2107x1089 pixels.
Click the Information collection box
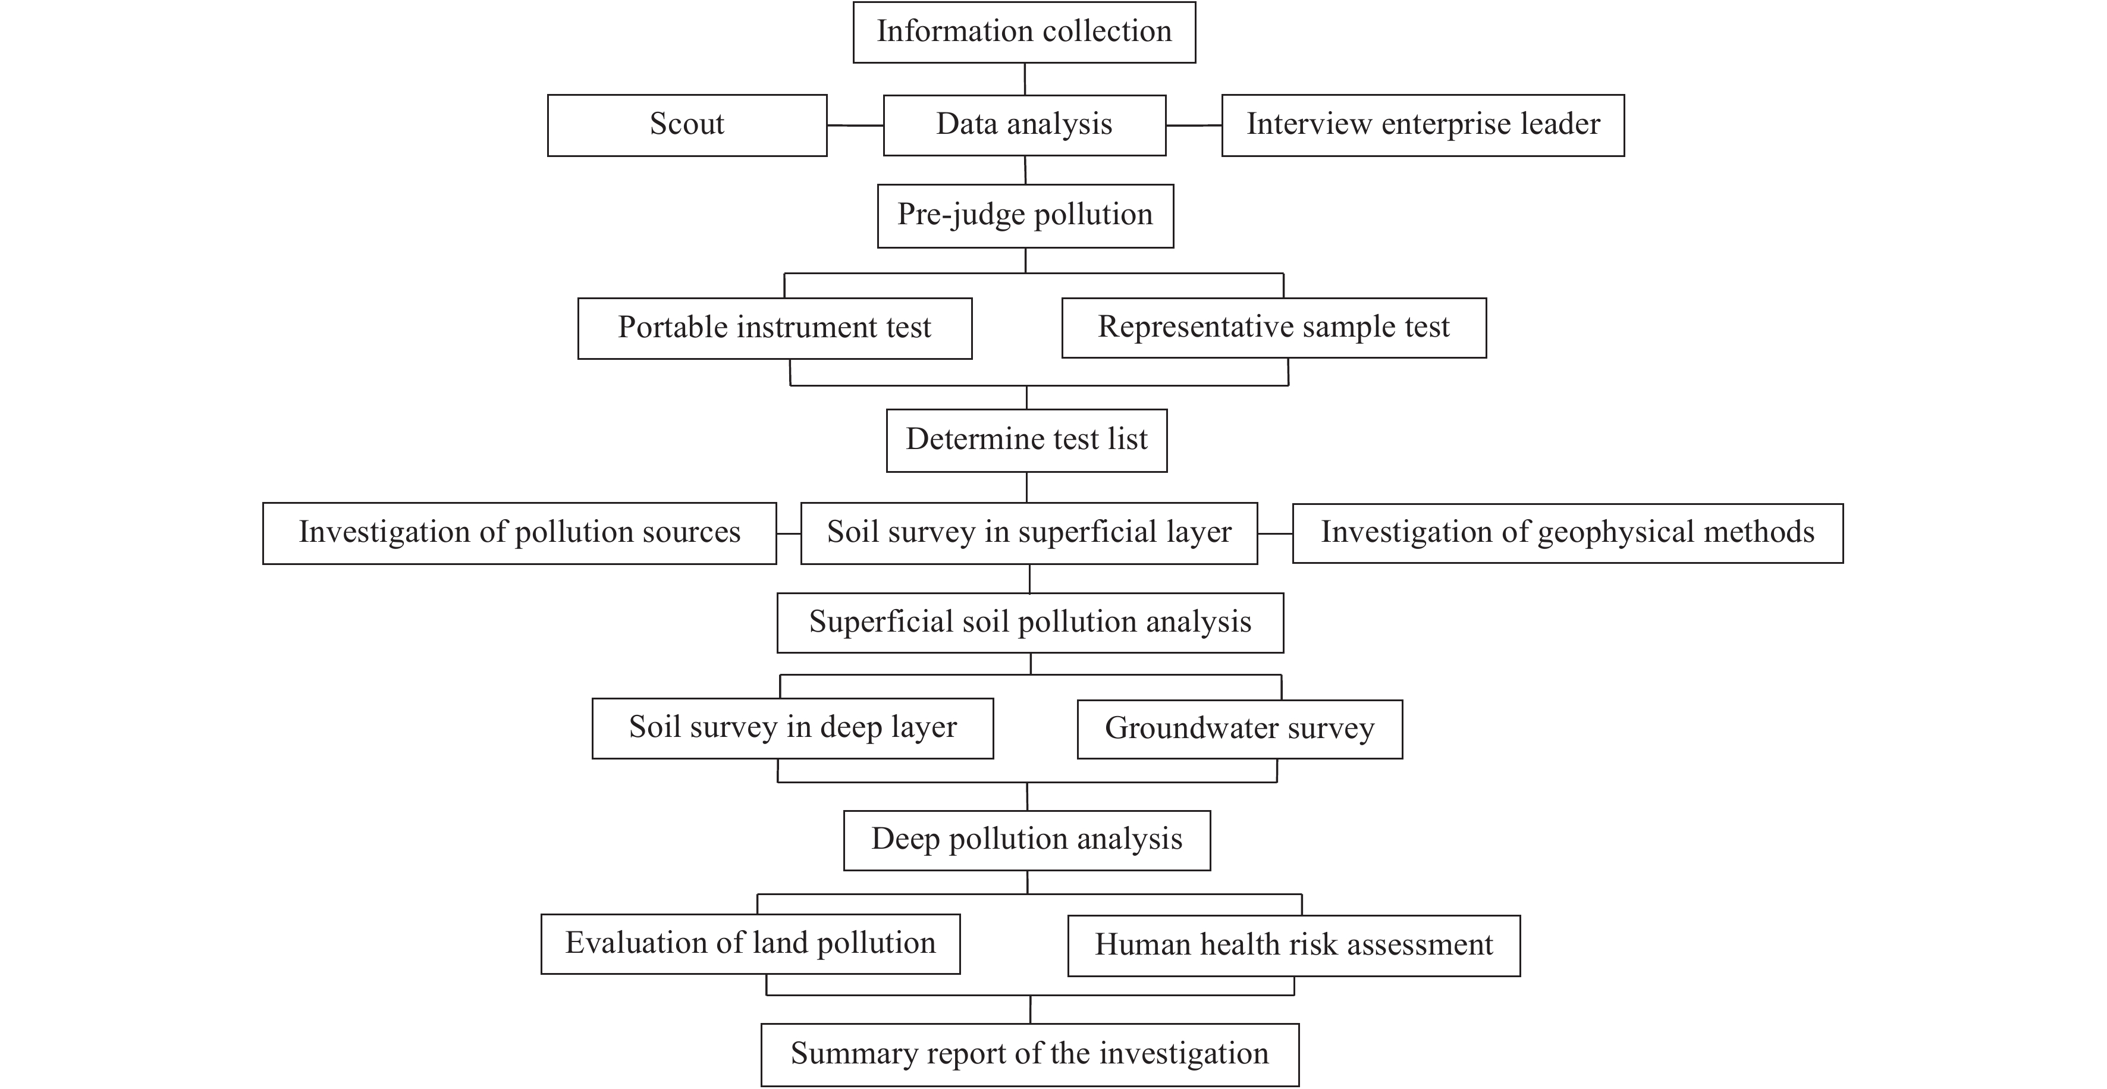coord(1024,32)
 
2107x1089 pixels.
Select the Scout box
coord(687,125)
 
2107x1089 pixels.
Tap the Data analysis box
coord(1025,125)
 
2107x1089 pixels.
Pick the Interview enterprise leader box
coord(1423,125)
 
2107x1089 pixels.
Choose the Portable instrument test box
coord(774,328)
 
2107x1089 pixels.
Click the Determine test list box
coord(1026,440)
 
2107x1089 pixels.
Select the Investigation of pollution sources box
coord(519,533)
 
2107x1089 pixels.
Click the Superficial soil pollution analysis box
coord(1031,623)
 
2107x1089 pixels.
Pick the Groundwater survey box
coord(1240,729)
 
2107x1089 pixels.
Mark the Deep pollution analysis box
coord(1027,840)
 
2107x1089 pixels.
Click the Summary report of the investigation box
coord(1030,1055)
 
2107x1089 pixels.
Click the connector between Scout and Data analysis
coord(855,125)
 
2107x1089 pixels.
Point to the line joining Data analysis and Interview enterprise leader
coord(1194,125)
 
